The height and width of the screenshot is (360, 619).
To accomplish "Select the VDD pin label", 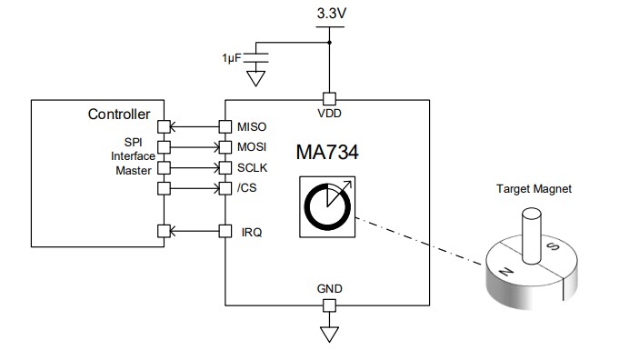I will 330,114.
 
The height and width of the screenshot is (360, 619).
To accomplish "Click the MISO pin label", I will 253,125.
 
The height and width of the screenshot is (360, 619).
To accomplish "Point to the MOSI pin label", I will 253,146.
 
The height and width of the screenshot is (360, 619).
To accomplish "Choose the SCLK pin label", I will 253,168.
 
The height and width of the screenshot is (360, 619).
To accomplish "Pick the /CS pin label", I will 246,189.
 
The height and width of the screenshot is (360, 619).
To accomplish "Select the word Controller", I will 118,115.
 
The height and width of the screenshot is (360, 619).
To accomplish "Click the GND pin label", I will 330,288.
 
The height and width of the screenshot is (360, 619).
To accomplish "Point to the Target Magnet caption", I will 534,190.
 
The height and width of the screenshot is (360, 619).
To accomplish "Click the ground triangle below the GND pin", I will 330,334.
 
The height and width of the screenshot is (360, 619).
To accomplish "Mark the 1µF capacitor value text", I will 232,57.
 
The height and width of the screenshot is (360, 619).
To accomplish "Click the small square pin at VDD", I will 330,97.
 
